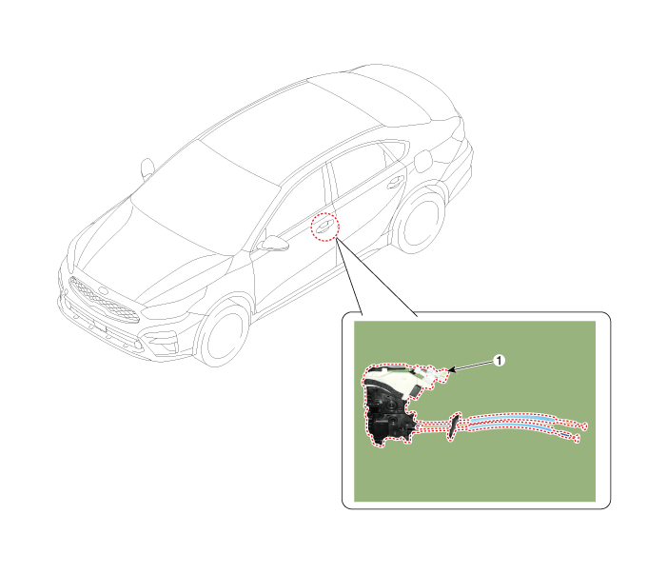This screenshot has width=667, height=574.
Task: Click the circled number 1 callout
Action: [x=499, y=361]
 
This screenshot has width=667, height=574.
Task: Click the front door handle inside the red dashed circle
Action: [x=324, y=226]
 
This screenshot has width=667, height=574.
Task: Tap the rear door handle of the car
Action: [x=396, y=183]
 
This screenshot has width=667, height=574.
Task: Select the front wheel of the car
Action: [x=224, y=334]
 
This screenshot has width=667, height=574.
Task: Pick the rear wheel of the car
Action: [x=418, y=221]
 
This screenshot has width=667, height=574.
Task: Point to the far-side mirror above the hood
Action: [x=147, y=168]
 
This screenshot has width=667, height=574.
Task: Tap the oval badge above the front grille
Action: [x=104, y=291]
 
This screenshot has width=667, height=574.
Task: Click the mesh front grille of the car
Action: [x=104, y=301]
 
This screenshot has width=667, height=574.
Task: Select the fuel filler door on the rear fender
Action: [x=423, y=162]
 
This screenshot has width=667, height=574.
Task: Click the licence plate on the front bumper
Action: [x=100, y=326]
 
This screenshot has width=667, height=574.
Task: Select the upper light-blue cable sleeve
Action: [x=513, y=419]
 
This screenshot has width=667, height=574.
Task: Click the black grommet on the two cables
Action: [x=454, y=426]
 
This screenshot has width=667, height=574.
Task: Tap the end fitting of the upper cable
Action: [x=583, y=426]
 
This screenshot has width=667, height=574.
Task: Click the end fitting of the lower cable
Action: [x=576, y=438]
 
